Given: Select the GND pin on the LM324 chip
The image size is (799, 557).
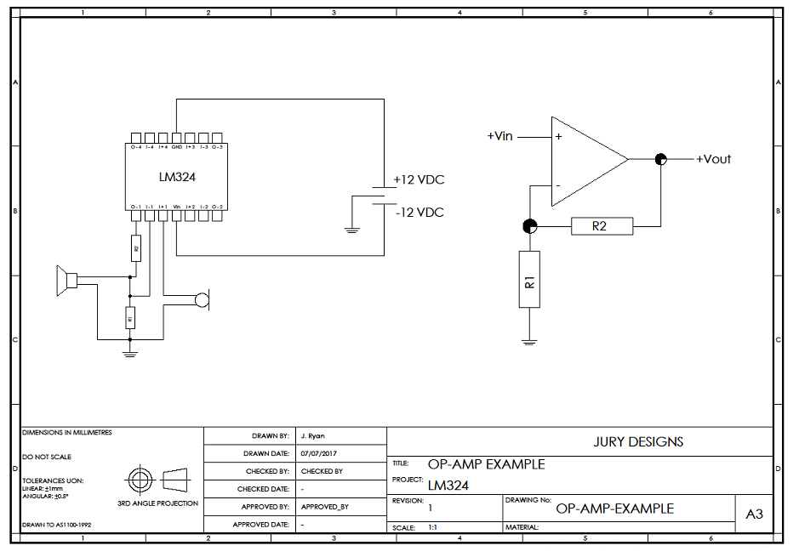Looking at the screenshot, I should (176, 138).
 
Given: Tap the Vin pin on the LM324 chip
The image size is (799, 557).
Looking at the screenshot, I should (176, 214).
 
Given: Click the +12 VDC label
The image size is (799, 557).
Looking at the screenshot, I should (419, 180).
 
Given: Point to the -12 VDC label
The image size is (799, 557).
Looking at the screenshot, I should (419, 213).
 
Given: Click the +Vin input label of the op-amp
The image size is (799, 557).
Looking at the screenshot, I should (499, 136).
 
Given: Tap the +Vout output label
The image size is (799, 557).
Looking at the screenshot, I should (713, 159).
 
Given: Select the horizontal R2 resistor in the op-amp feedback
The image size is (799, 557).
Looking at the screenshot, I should (601, 226).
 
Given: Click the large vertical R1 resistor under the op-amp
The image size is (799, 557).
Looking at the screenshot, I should (529, 279).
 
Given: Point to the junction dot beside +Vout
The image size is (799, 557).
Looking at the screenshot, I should (660, 159).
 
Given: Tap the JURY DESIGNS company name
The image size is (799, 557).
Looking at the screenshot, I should (638, 441).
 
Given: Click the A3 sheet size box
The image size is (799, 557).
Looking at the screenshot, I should (755, 514).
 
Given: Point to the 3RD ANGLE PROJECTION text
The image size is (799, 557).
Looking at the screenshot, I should (158, 503).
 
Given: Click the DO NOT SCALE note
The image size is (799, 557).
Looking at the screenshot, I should (47, 457).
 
